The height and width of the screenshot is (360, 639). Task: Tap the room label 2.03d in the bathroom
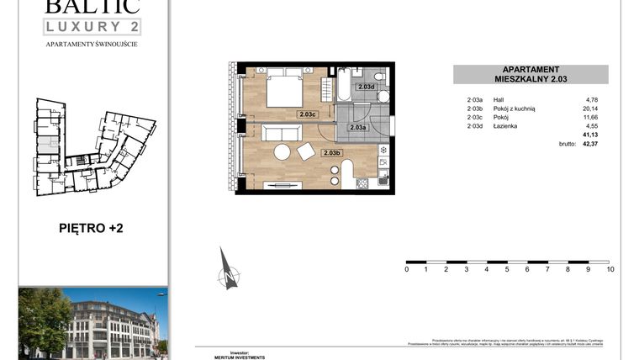(365, 87)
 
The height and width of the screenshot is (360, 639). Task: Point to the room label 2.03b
(330, 152)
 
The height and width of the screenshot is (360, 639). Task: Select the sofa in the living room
(281, 132)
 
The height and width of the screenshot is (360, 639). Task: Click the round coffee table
(282, 153)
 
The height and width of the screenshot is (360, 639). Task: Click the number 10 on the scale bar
(610, 269)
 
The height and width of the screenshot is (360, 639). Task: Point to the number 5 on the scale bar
(507, 269)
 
